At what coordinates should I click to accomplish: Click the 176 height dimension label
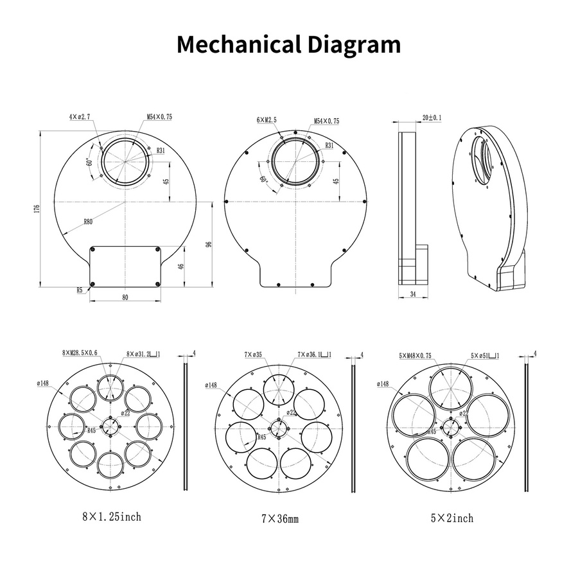point(36,209)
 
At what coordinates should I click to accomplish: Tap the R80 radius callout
point(88,222)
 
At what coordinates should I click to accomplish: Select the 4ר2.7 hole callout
point(79,117)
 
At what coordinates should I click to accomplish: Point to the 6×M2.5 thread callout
point(267,120)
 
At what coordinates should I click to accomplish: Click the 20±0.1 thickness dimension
point(432,118)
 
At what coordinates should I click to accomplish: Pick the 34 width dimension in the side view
point(413,293)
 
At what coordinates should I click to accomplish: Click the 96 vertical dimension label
point(209,244)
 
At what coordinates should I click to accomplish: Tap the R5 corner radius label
point(80,290)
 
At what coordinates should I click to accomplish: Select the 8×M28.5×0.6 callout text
point(80,353)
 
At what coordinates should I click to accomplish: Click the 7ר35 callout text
point(253,355)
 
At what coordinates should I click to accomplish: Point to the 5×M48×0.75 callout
point(415,356)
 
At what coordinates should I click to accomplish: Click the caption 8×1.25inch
point(112,517)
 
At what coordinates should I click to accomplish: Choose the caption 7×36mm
point(280,519)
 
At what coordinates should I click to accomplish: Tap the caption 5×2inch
point(452,518)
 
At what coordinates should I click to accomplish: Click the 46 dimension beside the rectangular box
point(181,266)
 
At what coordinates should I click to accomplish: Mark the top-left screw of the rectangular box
point(92,250)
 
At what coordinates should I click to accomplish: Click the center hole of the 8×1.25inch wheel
point(110,426)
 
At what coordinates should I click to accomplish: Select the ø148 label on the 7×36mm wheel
point(211,385)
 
